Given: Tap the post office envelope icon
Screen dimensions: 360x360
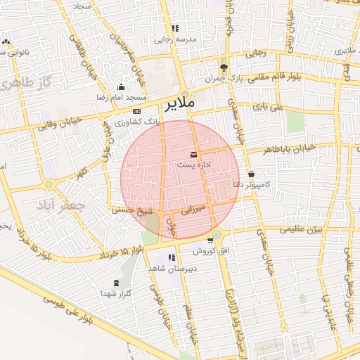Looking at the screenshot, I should [x=193, y=154].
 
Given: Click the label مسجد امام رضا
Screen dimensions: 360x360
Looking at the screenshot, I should [x=122, y=96].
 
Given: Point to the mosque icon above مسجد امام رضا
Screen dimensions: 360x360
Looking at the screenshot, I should [x=121, y=86].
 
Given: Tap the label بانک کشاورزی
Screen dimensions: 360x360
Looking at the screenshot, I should [x=136, y=121].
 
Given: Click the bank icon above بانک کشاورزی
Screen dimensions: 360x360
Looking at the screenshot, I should [x=136, y=111].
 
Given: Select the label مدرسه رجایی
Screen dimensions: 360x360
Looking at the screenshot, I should [x=174, y=40].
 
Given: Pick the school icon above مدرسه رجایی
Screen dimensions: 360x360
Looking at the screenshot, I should [x=174, y=29].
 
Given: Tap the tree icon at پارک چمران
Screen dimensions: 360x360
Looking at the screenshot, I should [x=224, y=68].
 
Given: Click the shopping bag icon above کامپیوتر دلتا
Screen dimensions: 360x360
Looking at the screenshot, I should [x=251, y=174].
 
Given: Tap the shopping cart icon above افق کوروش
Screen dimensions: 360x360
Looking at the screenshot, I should [x=210, y=240].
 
